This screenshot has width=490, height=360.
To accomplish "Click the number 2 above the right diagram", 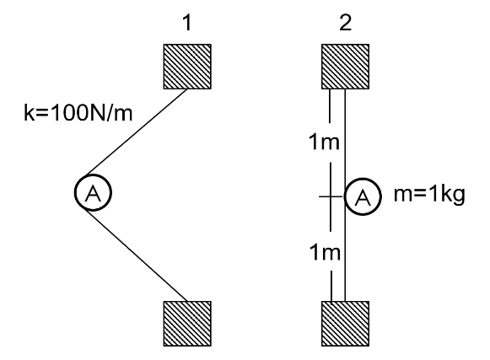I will pos(345,20).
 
